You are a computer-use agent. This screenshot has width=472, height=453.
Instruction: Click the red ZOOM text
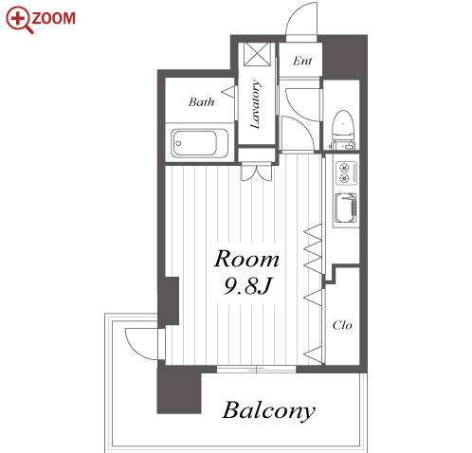(x=53, y=18)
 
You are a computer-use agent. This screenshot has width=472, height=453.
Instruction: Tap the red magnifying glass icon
(x=19, y=20)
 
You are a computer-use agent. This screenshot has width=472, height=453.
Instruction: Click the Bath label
(x=201, y=102)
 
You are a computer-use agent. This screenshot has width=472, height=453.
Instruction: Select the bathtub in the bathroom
(x=200, y=143)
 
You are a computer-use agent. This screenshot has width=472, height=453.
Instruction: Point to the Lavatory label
(x=256, y=104)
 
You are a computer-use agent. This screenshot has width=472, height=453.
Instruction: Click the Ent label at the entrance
(x=302, y=61)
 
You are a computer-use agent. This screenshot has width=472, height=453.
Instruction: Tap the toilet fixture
(x=343, y=129)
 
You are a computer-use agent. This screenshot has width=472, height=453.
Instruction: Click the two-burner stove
(x=347, y=173)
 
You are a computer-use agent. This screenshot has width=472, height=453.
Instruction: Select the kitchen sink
(x=346, y=208)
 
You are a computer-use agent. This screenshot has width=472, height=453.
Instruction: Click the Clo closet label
(x=342, y=325)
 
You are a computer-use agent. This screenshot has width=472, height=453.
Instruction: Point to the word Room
(x=246, y=259)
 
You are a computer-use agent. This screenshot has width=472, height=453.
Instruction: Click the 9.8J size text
(x=246, y=286)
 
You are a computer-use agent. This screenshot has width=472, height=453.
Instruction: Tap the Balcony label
(x=269, y=410)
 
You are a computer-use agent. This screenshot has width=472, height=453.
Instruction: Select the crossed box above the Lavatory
(x=258, y=54)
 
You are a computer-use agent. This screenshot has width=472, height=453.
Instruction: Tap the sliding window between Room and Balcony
(x=256, y=369)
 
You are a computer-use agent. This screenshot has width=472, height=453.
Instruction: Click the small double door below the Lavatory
(x=256, y=172)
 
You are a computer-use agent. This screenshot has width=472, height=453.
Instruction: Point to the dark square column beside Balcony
(x=179, y=391)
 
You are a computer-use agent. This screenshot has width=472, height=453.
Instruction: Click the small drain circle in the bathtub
(x=179, y=143)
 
